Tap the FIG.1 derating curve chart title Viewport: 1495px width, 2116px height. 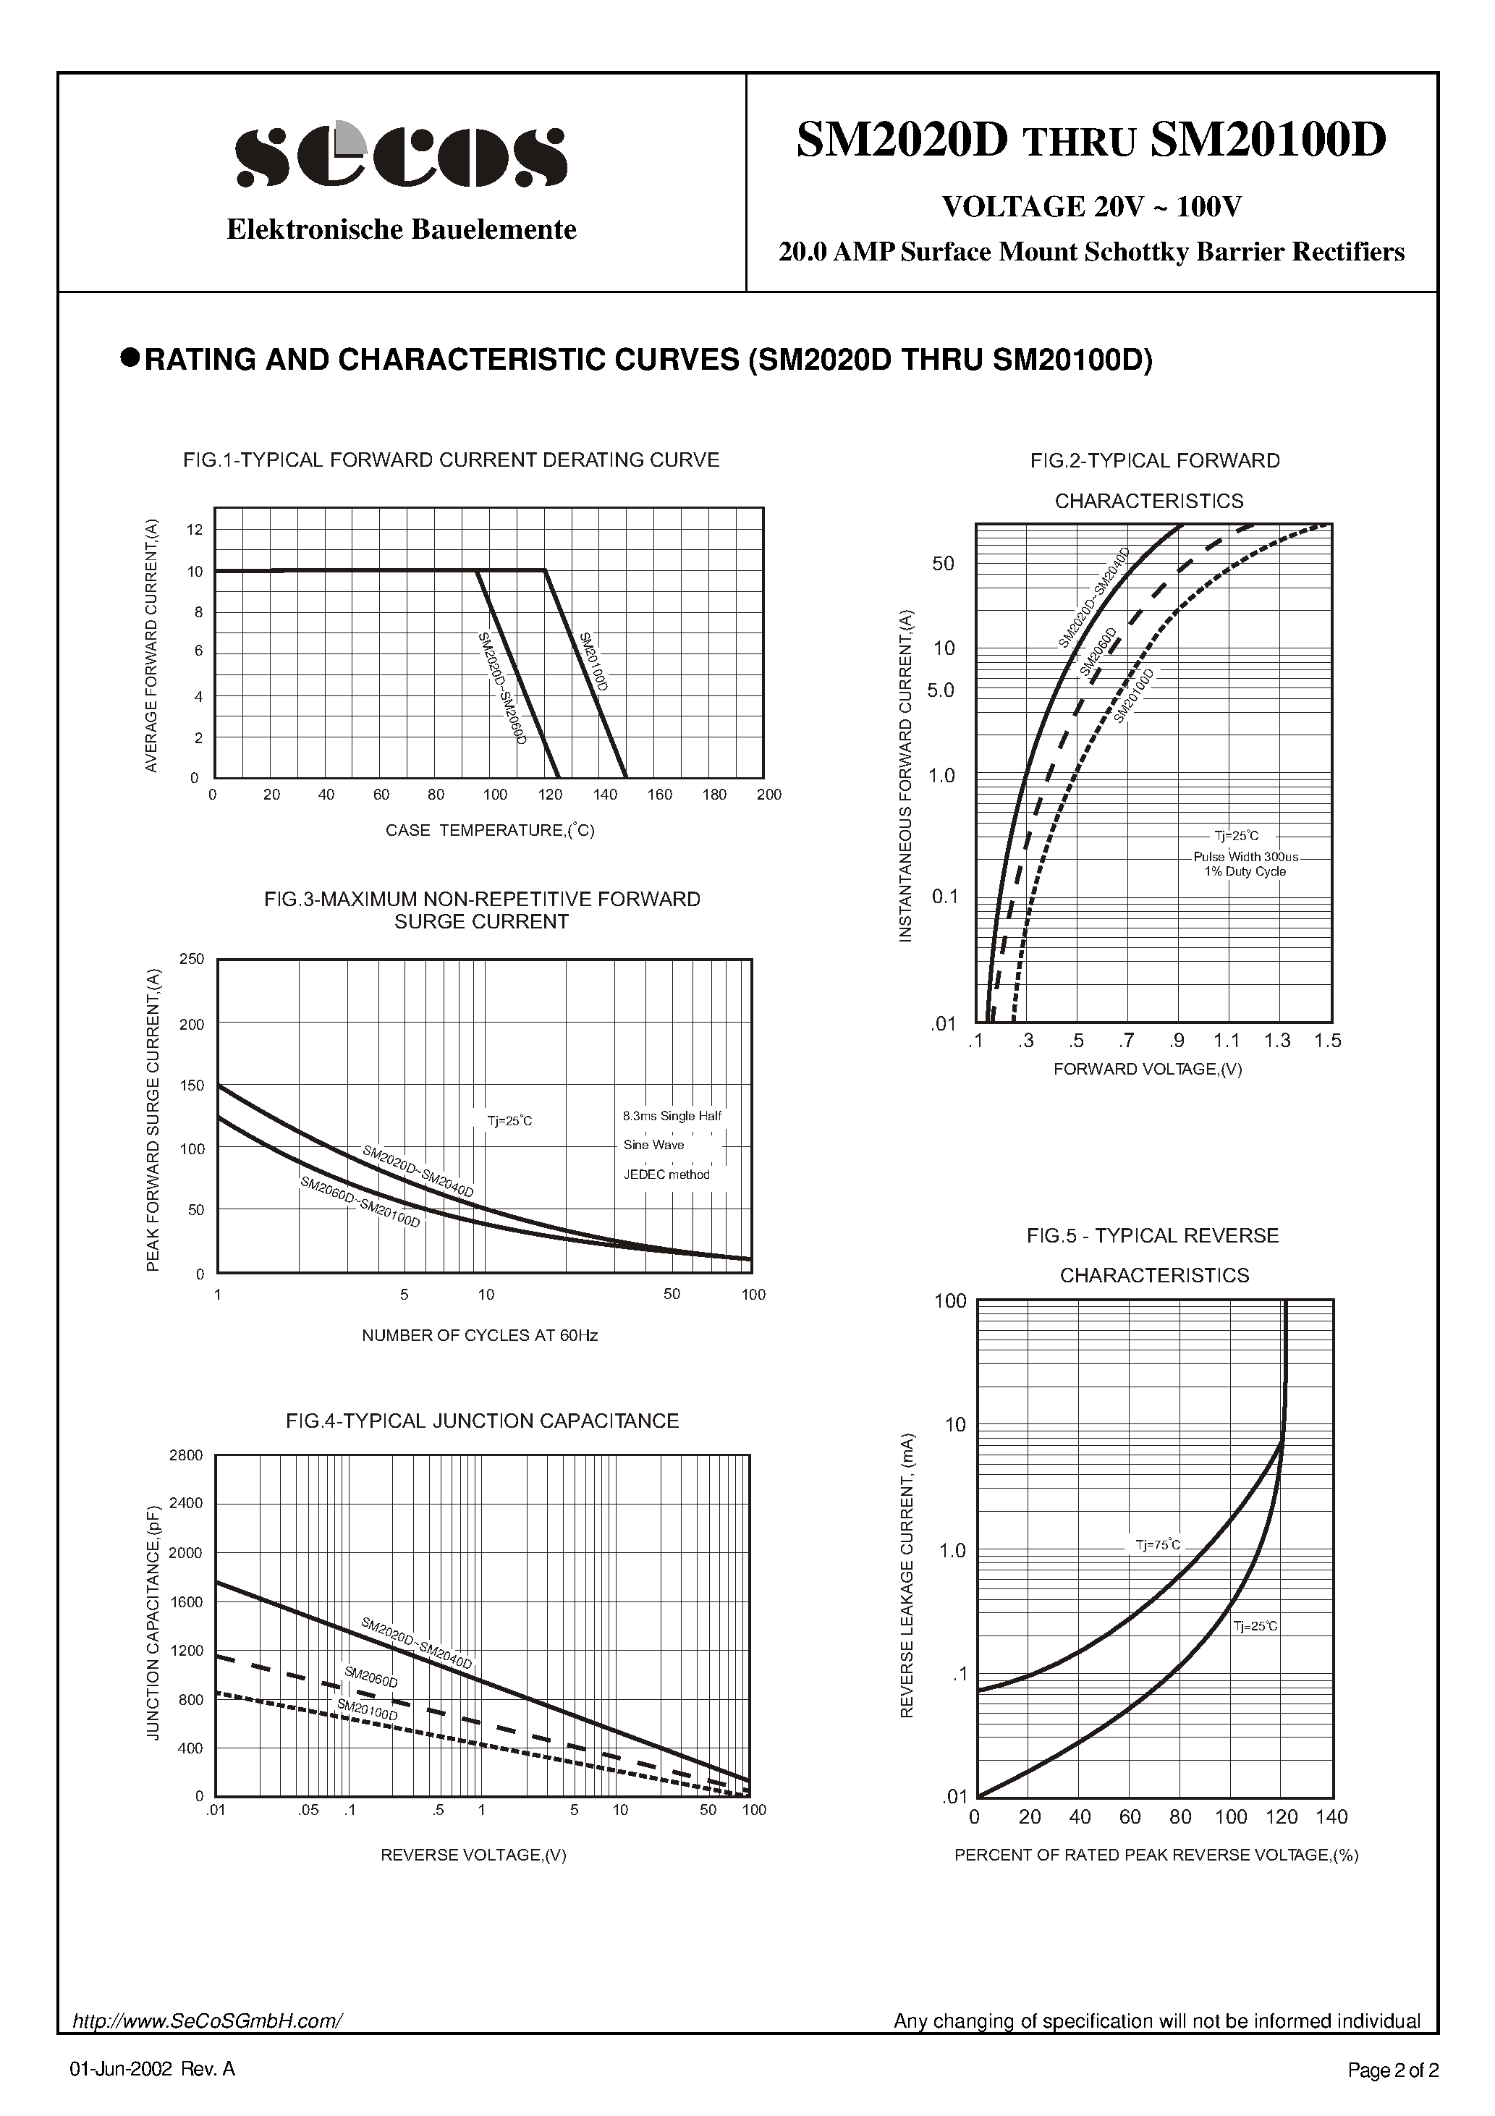pyautogui.click(x=451, y=460)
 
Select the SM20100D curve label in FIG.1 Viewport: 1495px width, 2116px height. pyautogui.click(x=595, y=663)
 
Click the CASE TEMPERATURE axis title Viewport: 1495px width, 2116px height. pyautogui.click(x=489, y=830)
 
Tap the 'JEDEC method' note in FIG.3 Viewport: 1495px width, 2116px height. pyautogui.click(x=666, y=1174)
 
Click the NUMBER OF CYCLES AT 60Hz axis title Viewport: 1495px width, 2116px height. pyautogui.click(x=479, y=1335)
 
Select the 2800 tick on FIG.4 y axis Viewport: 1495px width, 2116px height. pyautogui.click(x=186, y=1455)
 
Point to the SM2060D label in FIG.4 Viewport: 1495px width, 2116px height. pyautogui.click(x=370, y=1677)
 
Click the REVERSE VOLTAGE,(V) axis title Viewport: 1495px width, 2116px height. pyautogui.click(x=473, y=1854)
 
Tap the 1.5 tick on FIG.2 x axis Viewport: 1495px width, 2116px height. pyautogui.click(x=1327, y=1041)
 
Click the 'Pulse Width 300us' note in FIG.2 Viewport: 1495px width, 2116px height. pyautogui.click(x=1245, y=856)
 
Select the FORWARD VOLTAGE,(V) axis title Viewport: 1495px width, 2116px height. pyautogui.click(x=1148, y=1069)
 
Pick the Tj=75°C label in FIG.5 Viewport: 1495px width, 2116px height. pyautogui.click(x=1158, y=1544)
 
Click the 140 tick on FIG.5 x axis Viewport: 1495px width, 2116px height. pyautogui.click(x=1331, y=1816)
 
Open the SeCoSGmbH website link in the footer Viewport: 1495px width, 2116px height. pyautogui.click(x=208, y=2021)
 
